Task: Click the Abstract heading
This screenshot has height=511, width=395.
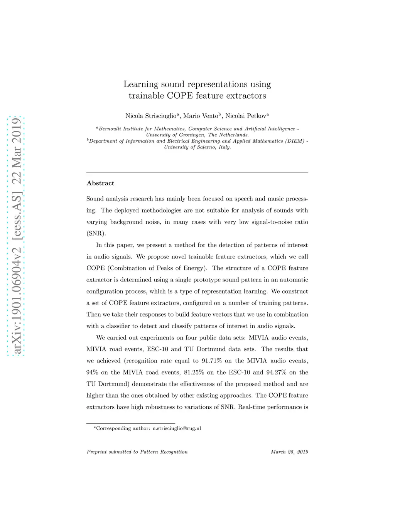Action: pos(100,183)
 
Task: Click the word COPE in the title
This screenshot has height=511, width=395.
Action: pos(180,96)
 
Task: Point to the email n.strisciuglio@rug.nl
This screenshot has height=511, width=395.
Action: pos(177,428)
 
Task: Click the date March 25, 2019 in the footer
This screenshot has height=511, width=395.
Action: pos(289,452)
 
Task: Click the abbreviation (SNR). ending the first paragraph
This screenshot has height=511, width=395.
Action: pos(96,233)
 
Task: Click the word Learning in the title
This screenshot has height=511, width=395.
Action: pos(141,84)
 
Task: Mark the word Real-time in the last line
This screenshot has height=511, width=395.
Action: pos(251,407)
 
